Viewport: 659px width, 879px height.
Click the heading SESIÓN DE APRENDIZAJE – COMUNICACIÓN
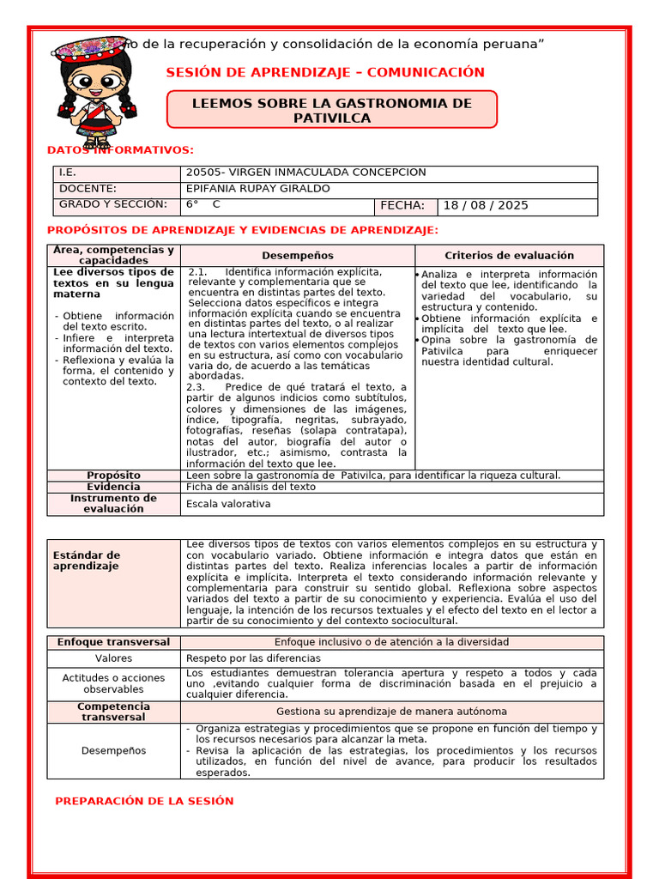click(x=325, y=72)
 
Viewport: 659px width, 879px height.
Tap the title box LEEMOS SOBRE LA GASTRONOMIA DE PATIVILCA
click(x=331, y=110)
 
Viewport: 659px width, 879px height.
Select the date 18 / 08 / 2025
click(x=487, y=206)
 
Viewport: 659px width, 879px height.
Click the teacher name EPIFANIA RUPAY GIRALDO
click(x=257, y=189)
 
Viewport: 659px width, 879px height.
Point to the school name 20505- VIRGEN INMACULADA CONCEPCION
click(x=305, y=173)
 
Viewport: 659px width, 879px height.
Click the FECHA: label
click(x=402, y=206)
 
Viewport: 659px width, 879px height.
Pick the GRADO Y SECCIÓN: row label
click(x=112, y=204)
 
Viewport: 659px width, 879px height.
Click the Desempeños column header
click(x=298, y=256)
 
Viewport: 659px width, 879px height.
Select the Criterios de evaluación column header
click(x=509, y=256)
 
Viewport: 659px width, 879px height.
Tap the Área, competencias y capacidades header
click(x=113, y=255)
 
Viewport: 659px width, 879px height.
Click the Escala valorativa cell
click(x=228, y=504)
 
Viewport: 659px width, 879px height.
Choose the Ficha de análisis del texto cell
click(x=251, y=487)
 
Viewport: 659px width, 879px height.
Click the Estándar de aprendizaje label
click(x=87, y=561)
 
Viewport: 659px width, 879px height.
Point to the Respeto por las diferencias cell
click(x=242, y=658)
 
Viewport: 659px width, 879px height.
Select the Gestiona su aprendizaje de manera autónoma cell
click(x=391, y=712)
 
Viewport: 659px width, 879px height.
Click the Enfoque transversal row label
click(x=113, y=642)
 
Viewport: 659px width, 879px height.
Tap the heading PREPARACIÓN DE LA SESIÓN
click(x=144, y=801)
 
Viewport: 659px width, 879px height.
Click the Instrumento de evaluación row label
click(x=113, y=503)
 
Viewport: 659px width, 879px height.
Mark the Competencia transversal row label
click(x=113, y=712)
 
